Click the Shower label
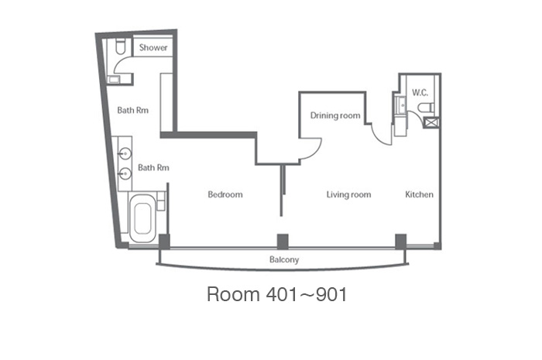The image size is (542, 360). [x=153, y=48]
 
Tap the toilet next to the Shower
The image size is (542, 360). [x=120, y=46]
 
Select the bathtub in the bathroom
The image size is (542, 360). [x=142, y=218]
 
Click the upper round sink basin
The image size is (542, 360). [x=125, y=153]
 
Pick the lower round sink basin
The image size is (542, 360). [x=125, y=173]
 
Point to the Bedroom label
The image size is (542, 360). [x=225, y=194]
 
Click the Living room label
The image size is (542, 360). [x=348, y=195]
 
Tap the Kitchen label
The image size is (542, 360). [x=419, y=194]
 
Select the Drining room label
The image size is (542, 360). [x=335, y=115]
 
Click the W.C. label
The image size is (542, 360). [x=420, y=93]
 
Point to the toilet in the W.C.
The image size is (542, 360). [x=426, y=108]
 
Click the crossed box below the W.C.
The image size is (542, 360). [x=431, y=122]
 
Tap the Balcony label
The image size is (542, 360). [x=284, y=259]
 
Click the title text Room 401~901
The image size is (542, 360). [x=276, y=294]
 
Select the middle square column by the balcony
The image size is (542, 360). [x=283, y=241]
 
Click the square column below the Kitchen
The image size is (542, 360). [x=400, y=241]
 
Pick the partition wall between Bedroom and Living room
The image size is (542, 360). [x=282, y=190]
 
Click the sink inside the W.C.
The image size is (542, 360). [x=402, y=105]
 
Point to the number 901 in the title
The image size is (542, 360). [x=331, y=294]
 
